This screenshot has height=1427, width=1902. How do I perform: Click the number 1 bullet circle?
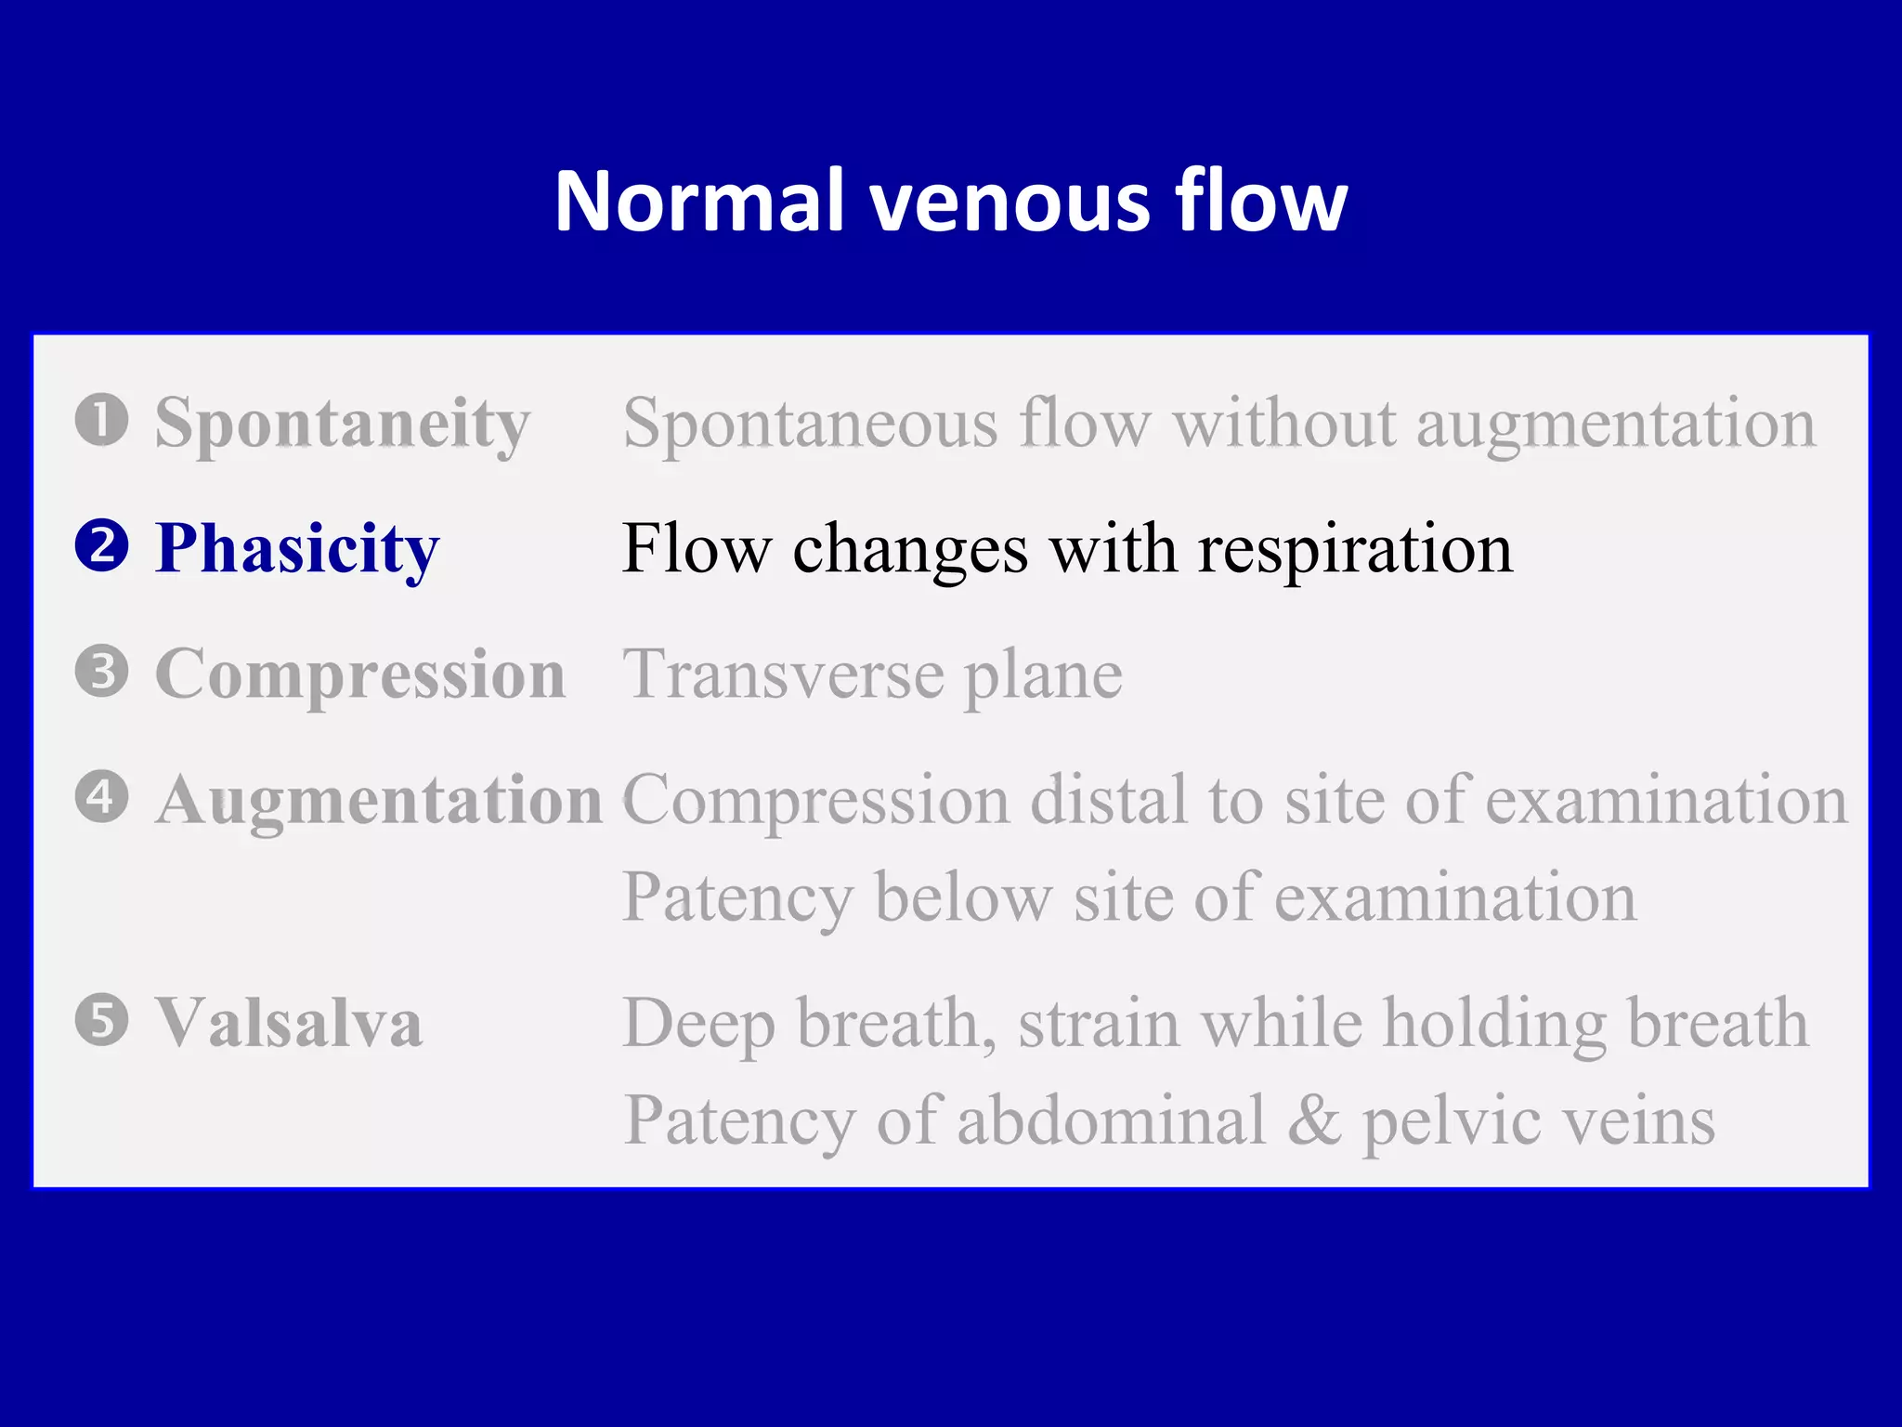pyautogui.click(x=101, y=420)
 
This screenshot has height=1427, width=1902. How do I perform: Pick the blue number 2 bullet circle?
pyautogui.click(x=101, y=546)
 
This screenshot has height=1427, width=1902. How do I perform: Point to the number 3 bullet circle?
pyautogui.click(x=101, y=671)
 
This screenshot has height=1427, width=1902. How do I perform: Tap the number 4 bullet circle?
pyautogui.click(x=101, y=797)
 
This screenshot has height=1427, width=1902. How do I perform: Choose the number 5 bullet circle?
pyautogui.click(x=101, y=1020)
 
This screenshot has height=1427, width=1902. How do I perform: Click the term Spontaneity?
pyautogui.click(x=342, y=424)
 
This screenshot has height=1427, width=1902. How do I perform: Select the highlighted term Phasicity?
pyautogui.click(x=297, y=550)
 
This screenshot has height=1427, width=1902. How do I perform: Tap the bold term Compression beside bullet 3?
pyautogui.click(x=360, y=674)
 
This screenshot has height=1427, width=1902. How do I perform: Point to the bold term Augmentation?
pyautogui.click(x=379, y=801)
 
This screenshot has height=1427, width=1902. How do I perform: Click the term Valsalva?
pyautogui.click(x=288, y=1024)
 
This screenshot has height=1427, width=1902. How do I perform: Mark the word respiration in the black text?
pyautogui.click(x=1355, y=550)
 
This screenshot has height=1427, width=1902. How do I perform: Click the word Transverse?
pyautogui.click(x=784, y=674)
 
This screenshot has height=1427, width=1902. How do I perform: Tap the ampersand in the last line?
pyautogui.click(x=1314, y=1120)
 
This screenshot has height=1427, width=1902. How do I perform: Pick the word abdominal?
pyautogui.click(x=1112, y=1120)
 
